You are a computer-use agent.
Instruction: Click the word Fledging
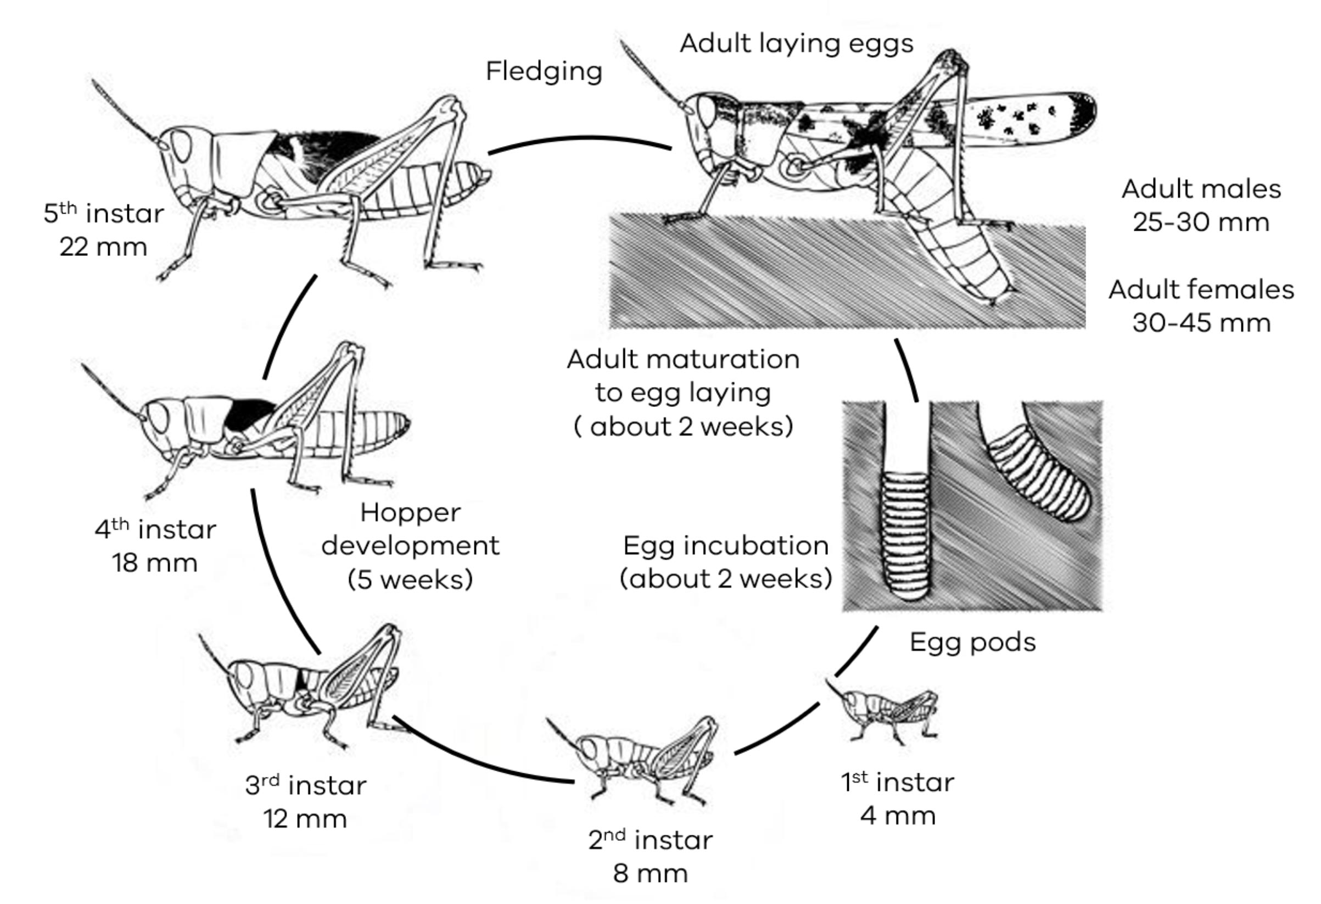[544, 72]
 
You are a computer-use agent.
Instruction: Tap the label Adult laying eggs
[796, 44]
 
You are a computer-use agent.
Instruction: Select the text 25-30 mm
[1201, 222]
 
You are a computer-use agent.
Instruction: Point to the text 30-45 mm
[1201, 323]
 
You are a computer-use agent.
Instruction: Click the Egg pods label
[972, 643]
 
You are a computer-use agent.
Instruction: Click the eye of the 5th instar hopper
[181, 146]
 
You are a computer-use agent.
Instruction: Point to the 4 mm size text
[898, 816]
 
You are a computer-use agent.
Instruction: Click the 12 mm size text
[305, 819]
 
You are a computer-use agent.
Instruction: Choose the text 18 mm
[155, 563]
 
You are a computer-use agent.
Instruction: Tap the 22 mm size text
[103, 247]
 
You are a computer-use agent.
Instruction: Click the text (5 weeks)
[410, 579]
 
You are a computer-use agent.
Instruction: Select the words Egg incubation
[725, 546]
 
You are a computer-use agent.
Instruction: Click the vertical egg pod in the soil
[906, 534]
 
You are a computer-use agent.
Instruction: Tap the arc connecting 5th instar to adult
[580, 138]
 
